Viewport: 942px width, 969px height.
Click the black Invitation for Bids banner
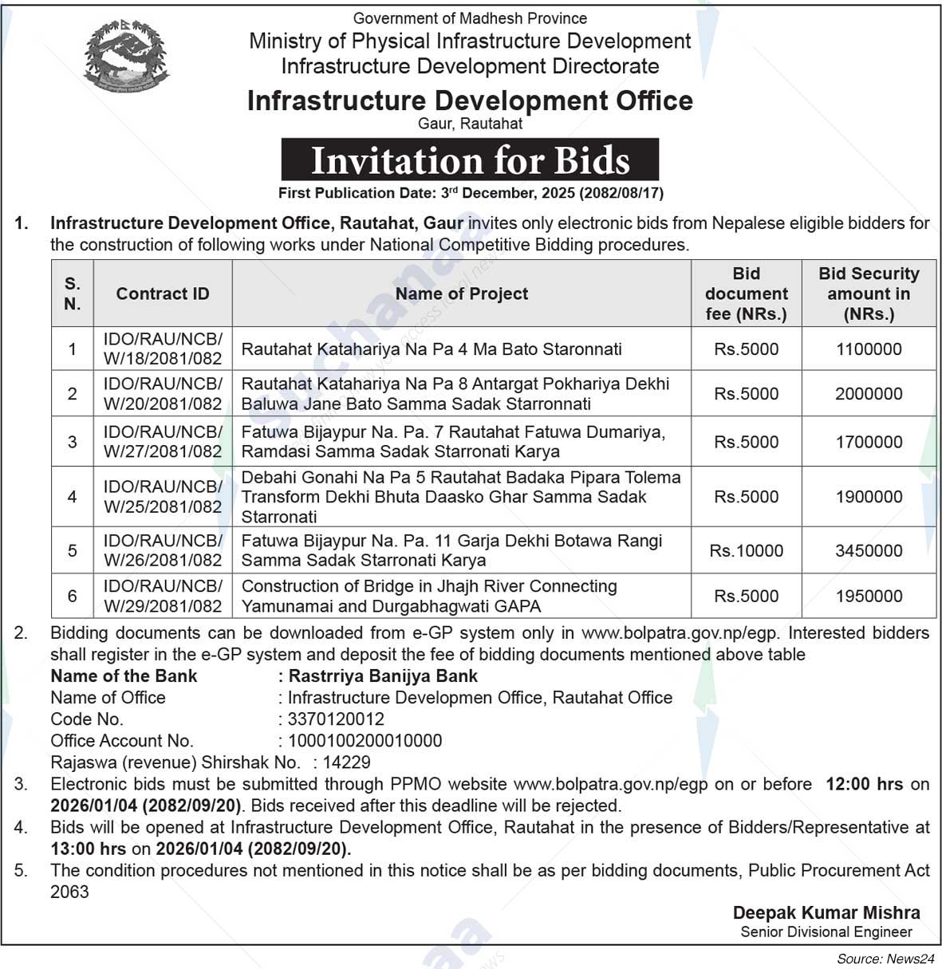470,160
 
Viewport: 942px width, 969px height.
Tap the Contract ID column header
163,293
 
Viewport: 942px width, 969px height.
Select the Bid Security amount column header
869,293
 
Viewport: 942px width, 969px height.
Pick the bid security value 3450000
869,550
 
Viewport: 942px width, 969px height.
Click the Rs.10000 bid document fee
747,550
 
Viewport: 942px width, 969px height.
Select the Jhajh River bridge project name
429,596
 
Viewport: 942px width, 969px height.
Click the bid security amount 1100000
869,349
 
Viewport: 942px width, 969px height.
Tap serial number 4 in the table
73,497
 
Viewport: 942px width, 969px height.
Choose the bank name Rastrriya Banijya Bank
383,676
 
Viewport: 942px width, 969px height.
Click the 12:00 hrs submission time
864,784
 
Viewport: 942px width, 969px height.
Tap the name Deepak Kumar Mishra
826,912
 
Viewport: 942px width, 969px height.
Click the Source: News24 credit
885,958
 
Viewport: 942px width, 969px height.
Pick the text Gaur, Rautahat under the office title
470,124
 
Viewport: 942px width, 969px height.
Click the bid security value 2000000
869,393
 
